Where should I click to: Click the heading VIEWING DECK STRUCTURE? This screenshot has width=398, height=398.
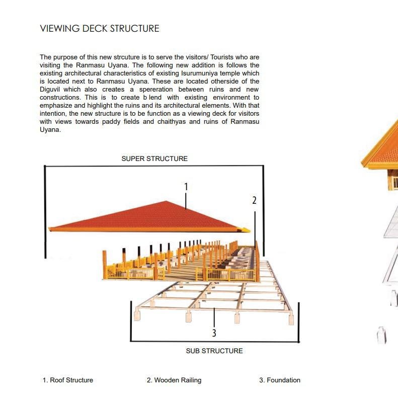[x=100, y=29]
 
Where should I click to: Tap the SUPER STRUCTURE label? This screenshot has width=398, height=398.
[x=154, y=158]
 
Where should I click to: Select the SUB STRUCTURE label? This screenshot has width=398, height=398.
[x=214, y=351]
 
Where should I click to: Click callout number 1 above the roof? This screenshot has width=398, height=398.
[x=186, y=187]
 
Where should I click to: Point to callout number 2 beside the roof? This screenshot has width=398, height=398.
[x=254, y=200]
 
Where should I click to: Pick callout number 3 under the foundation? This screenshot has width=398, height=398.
[x=214, y=333]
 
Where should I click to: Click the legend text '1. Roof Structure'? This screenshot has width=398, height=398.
[x=68, y=380]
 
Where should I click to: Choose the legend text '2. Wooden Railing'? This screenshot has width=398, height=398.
[x=174, y=380]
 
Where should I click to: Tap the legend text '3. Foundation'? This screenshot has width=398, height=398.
[x=280, y=380]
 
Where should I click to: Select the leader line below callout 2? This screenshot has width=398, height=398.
[x=255, y=226]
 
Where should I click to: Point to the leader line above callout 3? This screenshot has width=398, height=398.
[x=214, y=317]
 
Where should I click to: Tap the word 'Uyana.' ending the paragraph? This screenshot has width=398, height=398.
[x=50, y=130]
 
